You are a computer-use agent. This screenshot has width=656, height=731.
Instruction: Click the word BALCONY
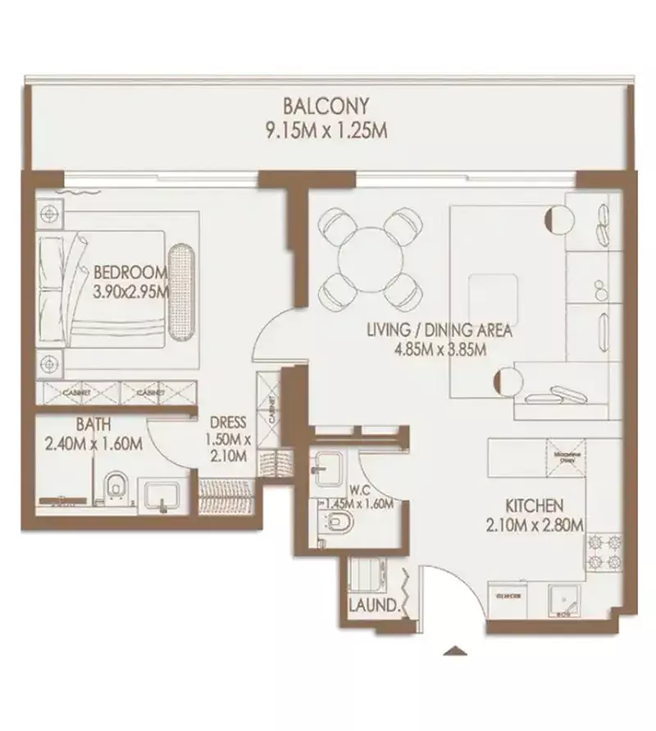326,106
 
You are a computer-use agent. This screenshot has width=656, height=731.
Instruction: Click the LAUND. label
373,607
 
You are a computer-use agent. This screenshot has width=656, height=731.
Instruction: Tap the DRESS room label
229,423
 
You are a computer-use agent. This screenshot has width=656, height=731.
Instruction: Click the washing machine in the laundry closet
366,574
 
